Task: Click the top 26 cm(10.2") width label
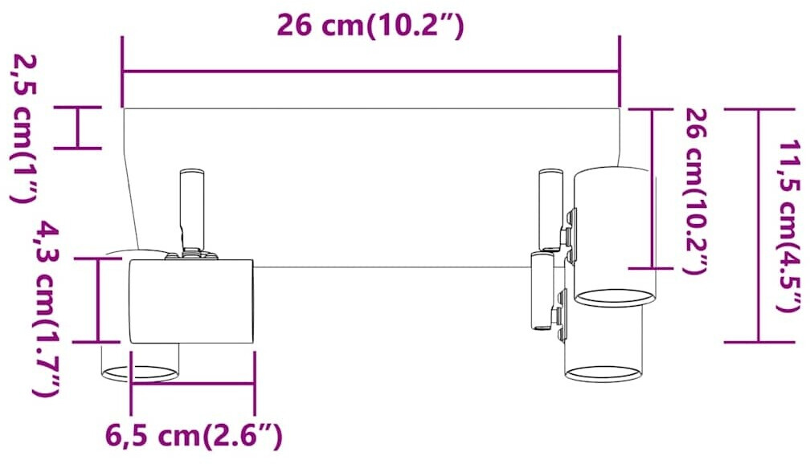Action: pyautogui.click(x=370, y=26)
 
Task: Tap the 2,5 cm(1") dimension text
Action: pyautogui.click(x=23, y=128)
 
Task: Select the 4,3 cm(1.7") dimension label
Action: pyautogui.click(x=47, y=308)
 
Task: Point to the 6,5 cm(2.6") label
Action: pyautogui.click(x=194, y=437)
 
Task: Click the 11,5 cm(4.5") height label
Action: pyautogui.click(x=792, y=226)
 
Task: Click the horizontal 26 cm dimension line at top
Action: pyautogui.click(x=371, y=71)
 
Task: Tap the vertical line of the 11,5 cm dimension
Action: pyautogui.click(x=759, y=226)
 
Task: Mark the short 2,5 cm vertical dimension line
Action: pyautogui.click(x=77, y=128)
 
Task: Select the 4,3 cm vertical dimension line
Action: pyautogui.click(x=98, y=300)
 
